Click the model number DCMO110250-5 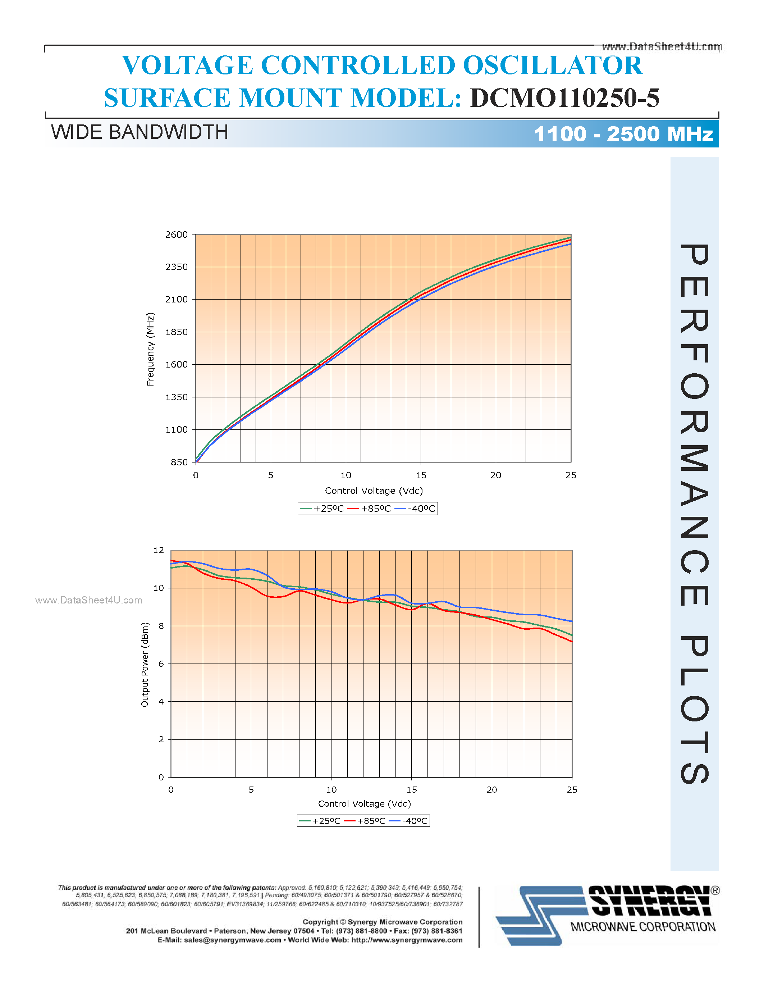pyautogui.click(x=564, y=98)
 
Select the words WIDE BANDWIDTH pyautogui.click(x=139, y=132)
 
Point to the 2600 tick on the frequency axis pyautogui.click(x=176, y=234)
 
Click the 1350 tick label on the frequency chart pyautogui.click(x=176, y=397)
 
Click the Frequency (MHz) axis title pyautogui.click(x=150, y=349)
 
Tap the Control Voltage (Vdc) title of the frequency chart pyautogui.click(x=374, y=491)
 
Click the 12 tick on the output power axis pyautogui.click(x=159, y=550)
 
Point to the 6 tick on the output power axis pyautogui.click(x=161, y=664)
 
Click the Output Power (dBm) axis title pyautogui.click(x=145, y=665)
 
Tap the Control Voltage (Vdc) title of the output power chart pyautogui.click(x=364, y=803)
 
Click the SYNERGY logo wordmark pyautogui.click(x=650, y=901)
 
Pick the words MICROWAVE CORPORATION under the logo pyautogui.click(x=643, y=927)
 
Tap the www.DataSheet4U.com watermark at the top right pyautogui.click(x=662, y=47)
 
